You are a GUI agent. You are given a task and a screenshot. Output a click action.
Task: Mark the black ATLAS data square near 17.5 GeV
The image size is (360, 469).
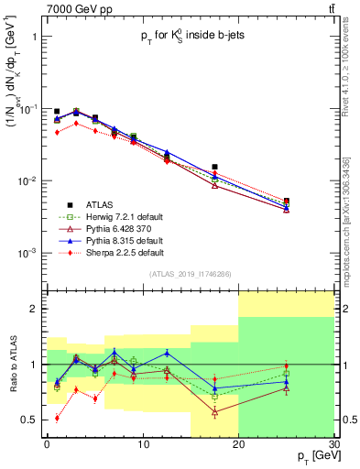(214, 168)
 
